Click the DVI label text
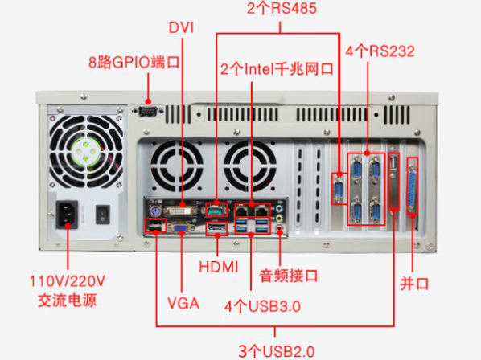[x=182, y=27]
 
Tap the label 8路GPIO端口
[x=133, y=61]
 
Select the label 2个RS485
[x=280, y=10]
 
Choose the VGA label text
[x=183, y=303]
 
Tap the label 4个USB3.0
[x=262, y=305]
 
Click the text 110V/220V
[x=67, y=282]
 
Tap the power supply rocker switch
[x=102, y=214]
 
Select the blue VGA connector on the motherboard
[x=182, y=228]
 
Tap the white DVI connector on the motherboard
[x=183, y=208]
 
